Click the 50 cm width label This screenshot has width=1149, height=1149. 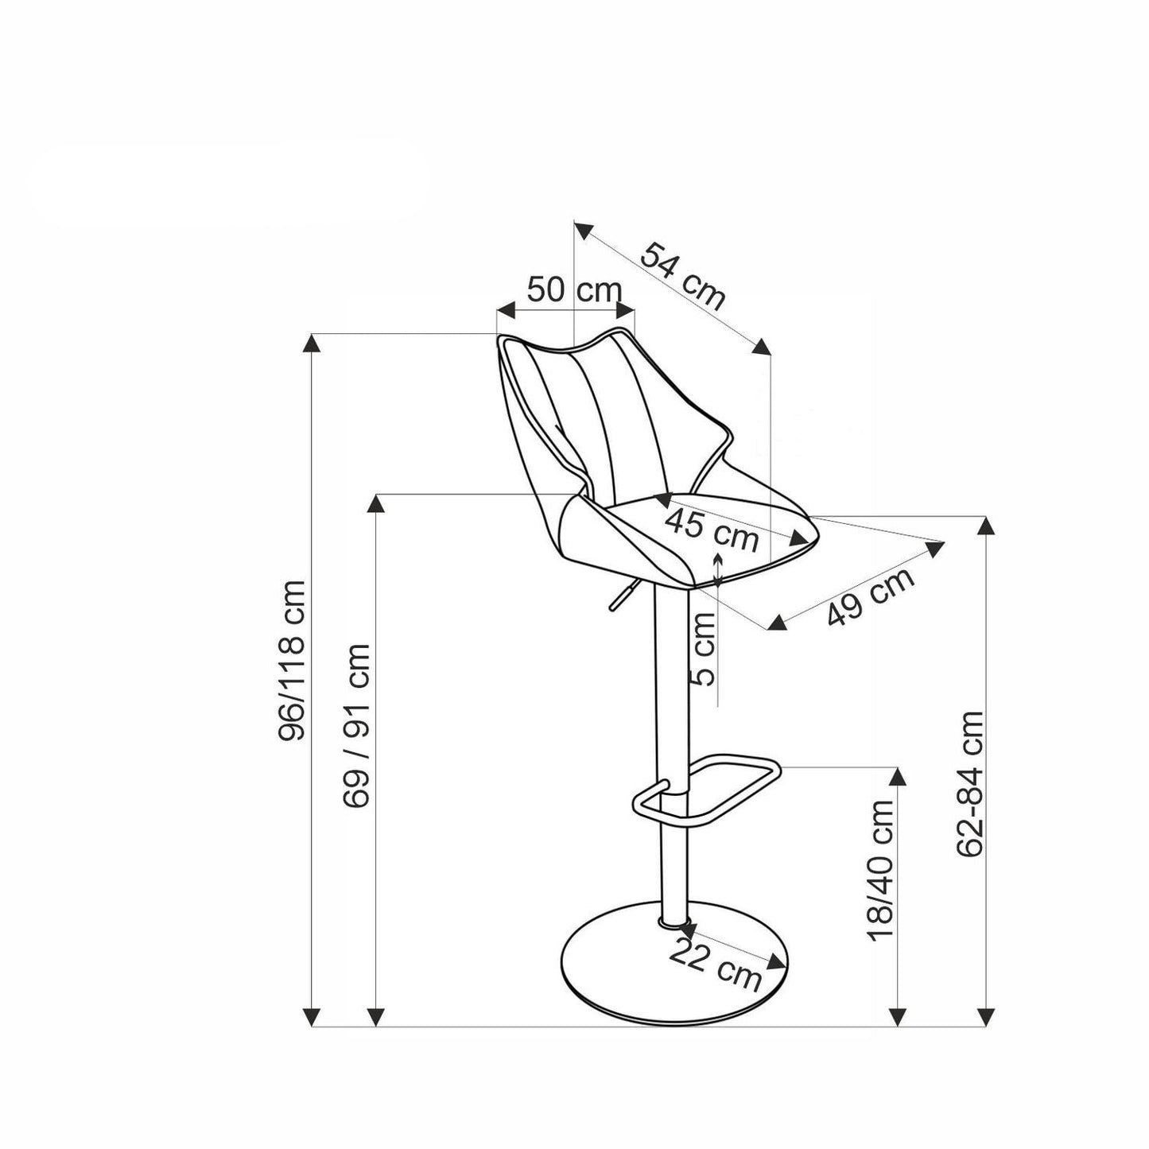pos(574,289)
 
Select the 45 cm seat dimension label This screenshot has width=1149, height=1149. pos(712,530)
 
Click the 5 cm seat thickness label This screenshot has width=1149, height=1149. pos(705,650)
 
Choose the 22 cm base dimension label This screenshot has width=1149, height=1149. pos(715,962)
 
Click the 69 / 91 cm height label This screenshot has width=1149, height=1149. pos(357,726)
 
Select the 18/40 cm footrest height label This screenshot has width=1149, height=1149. pos(882,871)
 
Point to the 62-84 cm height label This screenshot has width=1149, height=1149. pos(971,783)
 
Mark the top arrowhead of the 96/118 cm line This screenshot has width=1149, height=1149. pos(312,344)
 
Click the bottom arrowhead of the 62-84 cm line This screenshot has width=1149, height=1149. pos(987,1016)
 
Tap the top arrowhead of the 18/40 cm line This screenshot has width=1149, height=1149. pos(898,779)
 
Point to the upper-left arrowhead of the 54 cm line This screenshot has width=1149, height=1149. pos(584,231)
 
